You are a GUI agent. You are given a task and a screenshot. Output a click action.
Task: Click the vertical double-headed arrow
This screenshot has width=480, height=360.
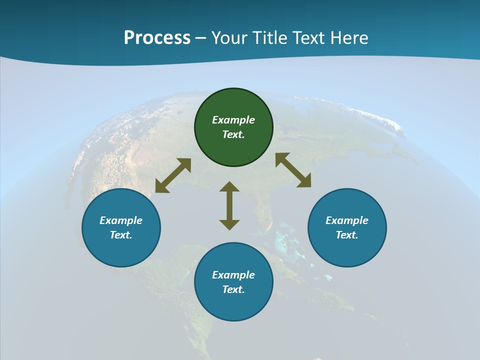229,206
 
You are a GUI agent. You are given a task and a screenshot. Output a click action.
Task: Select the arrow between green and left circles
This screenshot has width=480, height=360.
173,175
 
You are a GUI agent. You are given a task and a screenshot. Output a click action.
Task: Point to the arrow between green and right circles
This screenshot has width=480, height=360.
293,170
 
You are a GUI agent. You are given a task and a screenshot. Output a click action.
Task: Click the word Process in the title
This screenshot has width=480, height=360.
157,37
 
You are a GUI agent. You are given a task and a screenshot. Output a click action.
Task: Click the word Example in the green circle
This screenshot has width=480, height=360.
233,120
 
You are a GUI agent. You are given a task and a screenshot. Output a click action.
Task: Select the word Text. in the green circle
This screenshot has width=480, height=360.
233,134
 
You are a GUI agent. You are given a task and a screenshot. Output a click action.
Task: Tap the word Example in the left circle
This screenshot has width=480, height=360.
121,220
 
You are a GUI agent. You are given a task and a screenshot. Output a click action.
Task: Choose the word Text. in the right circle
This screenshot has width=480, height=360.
347,235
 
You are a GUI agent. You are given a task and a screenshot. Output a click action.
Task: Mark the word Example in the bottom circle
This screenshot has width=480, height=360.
233,275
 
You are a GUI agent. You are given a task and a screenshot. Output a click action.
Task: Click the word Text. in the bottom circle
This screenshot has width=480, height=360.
233,289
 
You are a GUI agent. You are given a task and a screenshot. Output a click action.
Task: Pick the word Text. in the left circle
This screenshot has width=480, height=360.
121,235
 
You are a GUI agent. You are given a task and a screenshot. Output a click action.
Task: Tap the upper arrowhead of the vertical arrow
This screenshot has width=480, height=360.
229,186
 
